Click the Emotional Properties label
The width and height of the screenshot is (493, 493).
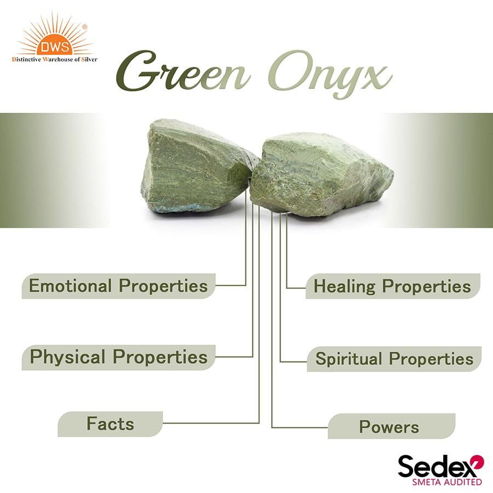[118, 286]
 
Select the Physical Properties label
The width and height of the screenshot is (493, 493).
[118, 357]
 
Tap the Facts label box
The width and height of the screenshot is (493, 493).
[110, 423]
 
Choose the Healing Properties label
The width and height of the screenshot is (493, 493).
[392, 286]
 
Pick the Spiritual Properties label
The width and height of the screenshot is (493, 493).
[394, 359]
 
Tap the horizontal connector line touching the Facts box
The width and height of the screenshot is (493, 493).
[211, 423]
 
